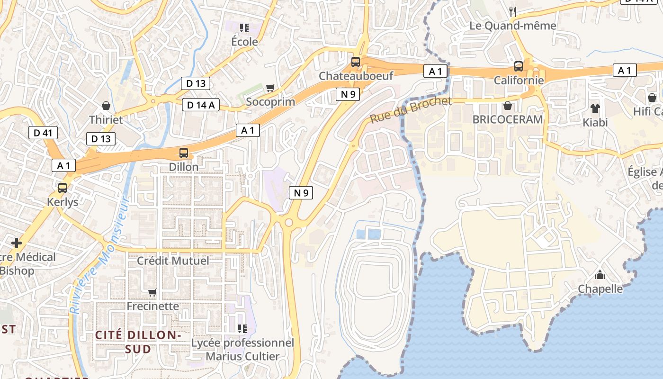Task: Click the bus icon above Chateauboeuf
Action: [355, 62]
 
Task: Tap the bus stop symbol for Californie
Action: [519, 66]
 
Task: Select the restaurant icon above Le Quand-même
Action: [513, 11]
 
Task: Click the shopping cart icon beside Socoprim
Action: [270, 88]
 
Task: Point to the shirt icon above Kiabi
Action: [595, 108]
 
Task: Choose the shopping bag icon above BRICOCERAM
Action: [508, 105]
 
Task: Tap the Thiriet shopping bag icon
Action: [106, 105]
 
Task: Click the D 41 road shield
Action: [43, 133]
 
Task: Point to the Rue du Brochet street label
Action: [411, 110]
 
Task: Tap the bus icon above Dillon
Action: [184, 153]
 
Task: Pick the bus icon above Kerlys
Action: [63, 188]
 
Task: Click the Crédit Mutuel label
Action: [173, 261]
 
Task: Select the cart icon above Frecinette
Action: [152, 292]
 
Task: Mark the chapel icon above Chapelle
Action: [600, 275]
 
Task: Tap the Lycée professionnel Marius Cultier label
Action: [242, 349]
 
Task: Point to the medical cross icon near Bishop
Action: [17, 243]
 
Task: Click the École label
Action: [244, 42]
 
